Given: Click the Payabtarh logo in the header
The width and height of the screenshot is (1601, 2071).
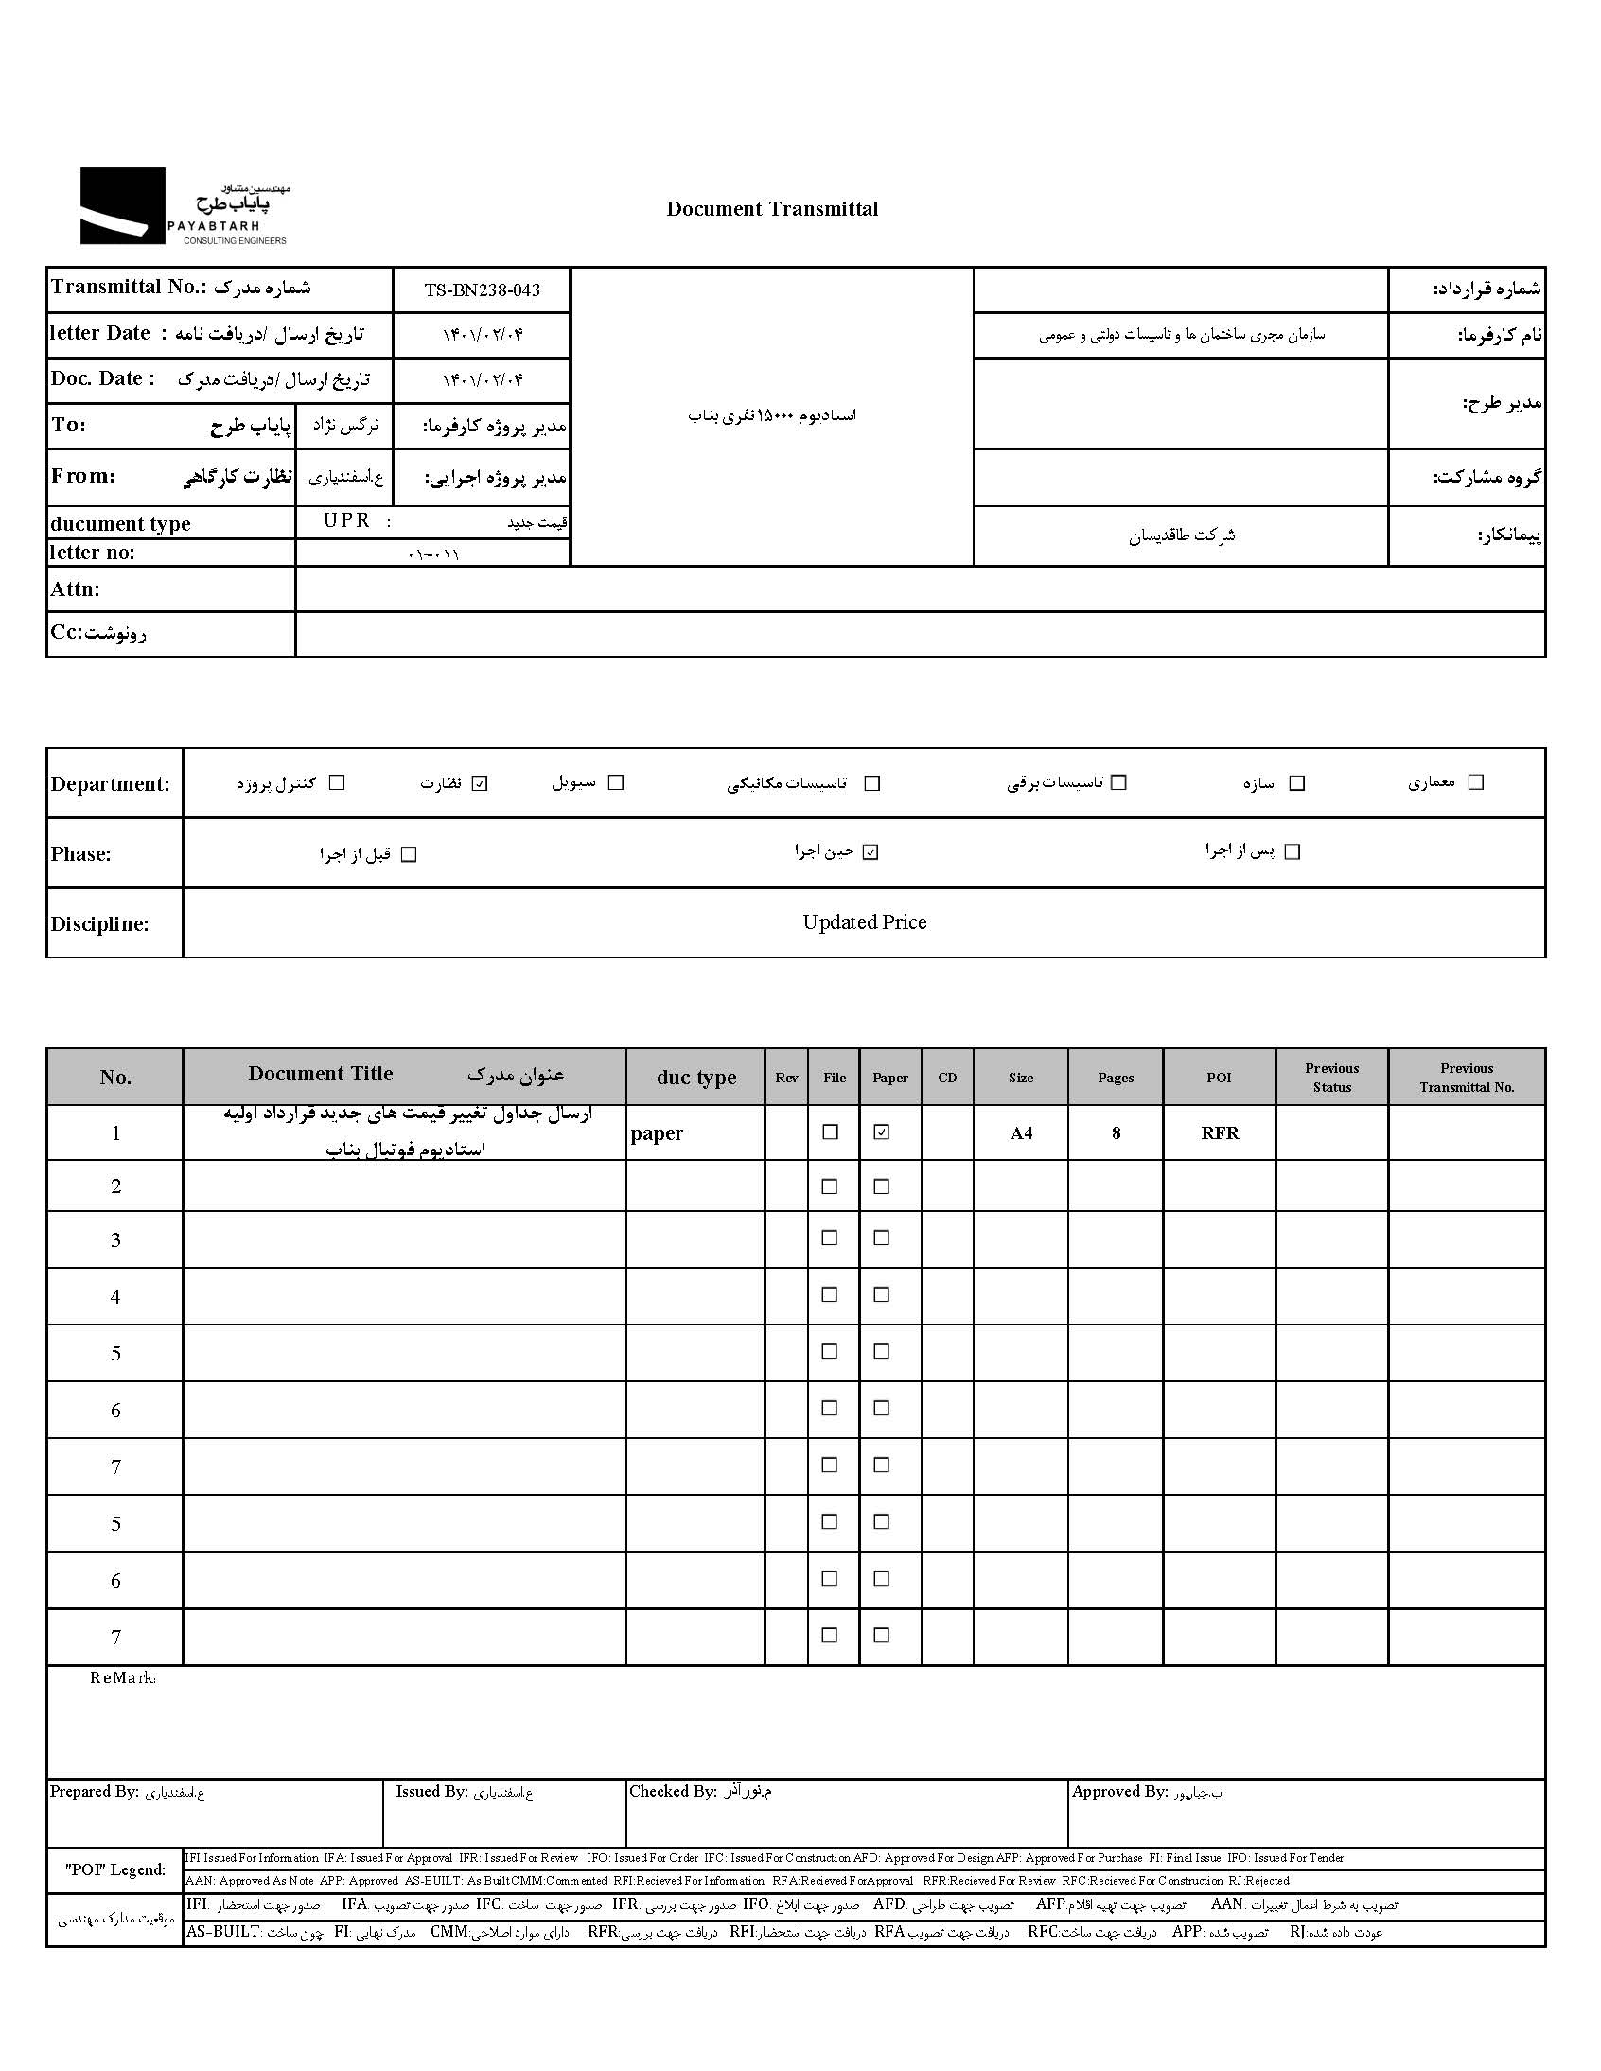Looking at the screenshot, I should [183, 206].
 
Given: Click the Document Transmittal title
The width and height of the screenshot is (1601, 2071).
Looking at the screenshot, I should [772, 209].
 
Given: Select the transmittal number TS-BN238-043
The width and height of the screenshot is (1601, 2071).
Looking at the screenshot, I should [482, 290].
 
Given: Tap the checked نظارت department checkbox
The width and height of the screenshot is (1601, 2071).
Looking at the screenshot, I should [480, 783].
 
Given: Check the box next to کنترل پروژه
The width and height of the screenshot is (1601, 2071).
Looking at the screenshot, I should [337, 783].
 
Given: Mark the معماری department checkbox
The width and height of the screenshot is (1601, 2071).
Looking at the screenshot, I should [1476, 782].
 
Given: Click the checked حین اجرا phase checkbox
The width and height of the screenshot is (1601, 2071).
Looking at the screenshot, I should [871, 852].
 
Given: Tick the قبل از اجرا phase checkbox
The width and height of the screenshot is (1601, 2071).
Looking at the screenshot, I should [409, 854].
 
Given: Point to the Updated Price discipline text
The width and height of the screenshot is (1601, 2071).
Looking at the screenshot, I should [864, 922].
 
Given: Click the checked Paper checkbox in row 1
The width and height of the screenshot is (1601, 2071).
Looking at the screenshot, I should [882, 1132].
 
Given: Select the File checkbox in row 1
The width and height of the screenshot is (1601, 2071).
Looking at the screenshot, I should [831, 1132].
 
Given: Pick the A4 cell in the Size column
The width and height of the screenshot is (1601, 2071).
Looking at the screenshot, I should [1021, 1133].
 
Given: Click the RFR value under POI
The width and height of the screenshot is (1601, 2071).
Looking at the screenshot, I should [1220, 1133].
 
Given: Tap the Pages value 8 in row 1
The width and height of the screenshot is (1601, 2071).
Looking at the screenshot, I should [1116, 1133].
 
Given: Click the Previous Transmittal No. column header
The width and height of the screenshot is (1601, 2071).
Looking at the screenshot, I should [1467, 1078].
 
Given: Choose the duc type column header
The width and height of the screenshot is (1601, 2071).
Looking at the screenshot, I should [696, 1078].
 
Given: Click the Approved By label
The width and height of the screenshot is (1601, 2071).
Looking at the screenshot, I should [1119, 1791].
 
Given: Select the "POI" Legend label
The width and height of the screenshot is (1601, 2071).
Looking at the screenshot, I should [114, 1870].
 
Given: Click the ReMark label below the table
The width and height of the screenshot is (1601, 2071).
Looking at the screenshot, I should [122, 1678].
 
